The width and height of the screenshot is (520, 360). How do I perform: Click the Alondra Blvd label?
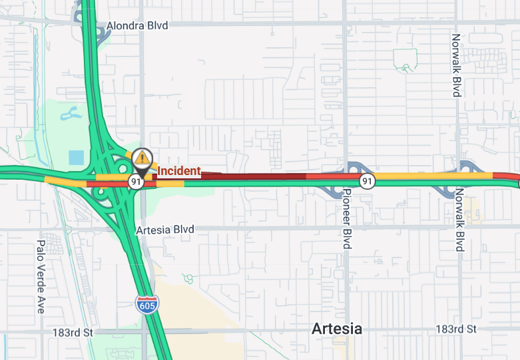137,25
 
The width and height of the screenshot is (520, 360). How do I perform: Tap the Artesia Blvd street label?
164,230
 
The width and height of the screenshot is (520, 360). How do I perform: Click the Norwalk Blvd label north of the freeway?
456,65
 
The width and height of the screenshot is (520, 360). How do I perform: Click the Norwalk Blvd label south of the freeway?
459,220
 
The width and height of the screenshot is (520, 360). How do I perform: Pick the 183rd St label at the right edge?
456,329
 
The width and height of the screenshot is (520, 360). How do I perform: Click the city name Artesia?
338,329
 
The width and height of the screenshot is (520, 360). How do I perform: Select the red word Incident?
178,171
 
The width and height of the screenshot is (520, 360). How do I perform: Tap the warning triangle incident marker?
141,158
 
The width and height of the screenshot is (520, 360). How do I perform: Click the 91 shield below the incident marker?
136,182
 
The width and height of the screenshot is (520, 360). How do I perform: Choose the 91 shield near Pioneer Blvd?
367,181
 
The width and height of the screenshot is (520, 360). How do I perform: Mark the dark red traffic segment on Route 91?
253,176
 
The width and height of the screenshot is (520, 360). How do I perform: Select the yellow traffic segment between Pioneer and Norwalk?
433,176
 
